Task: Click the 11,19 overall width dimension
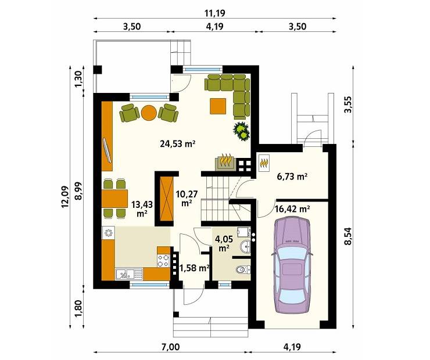(215, 13)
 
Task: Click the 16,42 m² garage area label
(292, 208)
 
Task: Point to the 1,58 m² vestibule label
(194, 268)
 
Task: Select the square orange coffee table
(218, 106)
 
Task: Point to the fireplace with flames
(226, 160)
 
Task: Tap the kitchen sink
(126, 272)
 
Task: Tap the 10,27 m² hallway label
(186, 198)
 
